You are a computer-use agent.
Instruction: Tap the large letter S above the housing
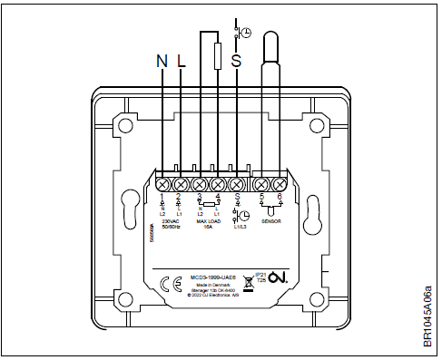[237, 62]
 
